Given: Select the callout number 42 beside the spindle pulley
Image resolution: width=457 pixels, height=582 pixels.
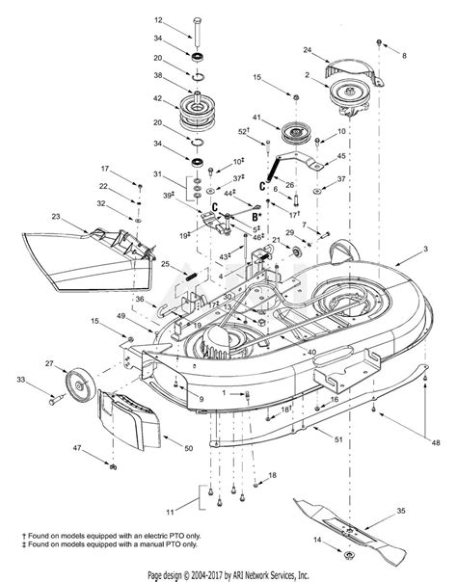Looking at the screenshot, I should point(158,97).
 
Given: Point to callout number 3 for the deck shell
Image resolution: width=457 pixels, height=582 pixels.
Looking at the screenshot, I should point(425,250).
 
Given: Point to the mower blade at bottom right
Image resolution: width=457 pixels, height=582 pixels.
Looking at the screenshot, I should point(365,524).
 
